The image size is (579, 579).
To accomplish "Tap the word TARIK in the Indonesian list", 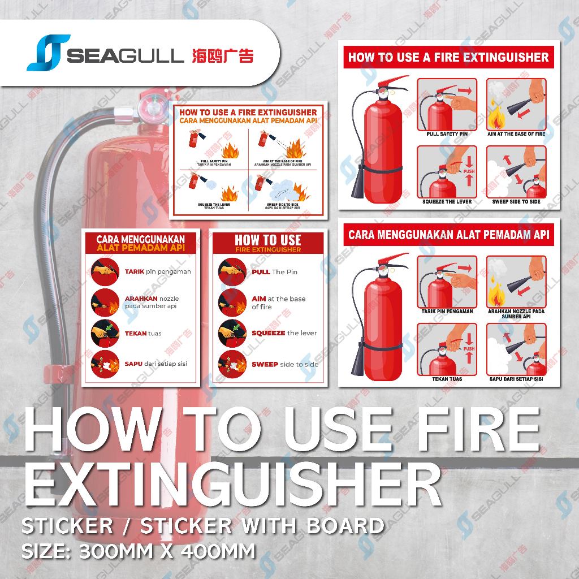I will [135, 271].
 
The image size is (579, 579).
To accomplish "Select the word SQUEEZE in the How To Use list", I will [268, 333].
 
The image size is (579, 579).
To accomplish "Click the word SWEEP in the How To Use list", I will [265, 364].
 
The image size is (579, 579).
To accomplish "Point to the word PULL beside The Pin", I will [261, 272].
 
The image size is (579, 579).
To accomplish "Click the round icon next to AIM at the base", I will [232, 303].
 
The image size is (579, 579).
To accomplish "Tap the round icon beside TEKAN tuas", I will [105, 333].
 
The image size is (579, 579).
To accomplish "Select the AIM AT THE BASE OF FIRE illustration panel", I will [516, 105].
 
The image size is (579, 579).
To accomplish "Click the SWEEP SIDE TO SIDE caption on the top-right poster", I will [516, 201].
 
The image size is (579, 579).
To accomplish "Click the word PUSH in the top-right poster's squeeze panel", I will [469, 170].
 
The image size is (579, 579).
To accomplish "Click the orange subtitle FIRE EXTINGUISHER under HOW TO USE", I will [268, 249].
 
